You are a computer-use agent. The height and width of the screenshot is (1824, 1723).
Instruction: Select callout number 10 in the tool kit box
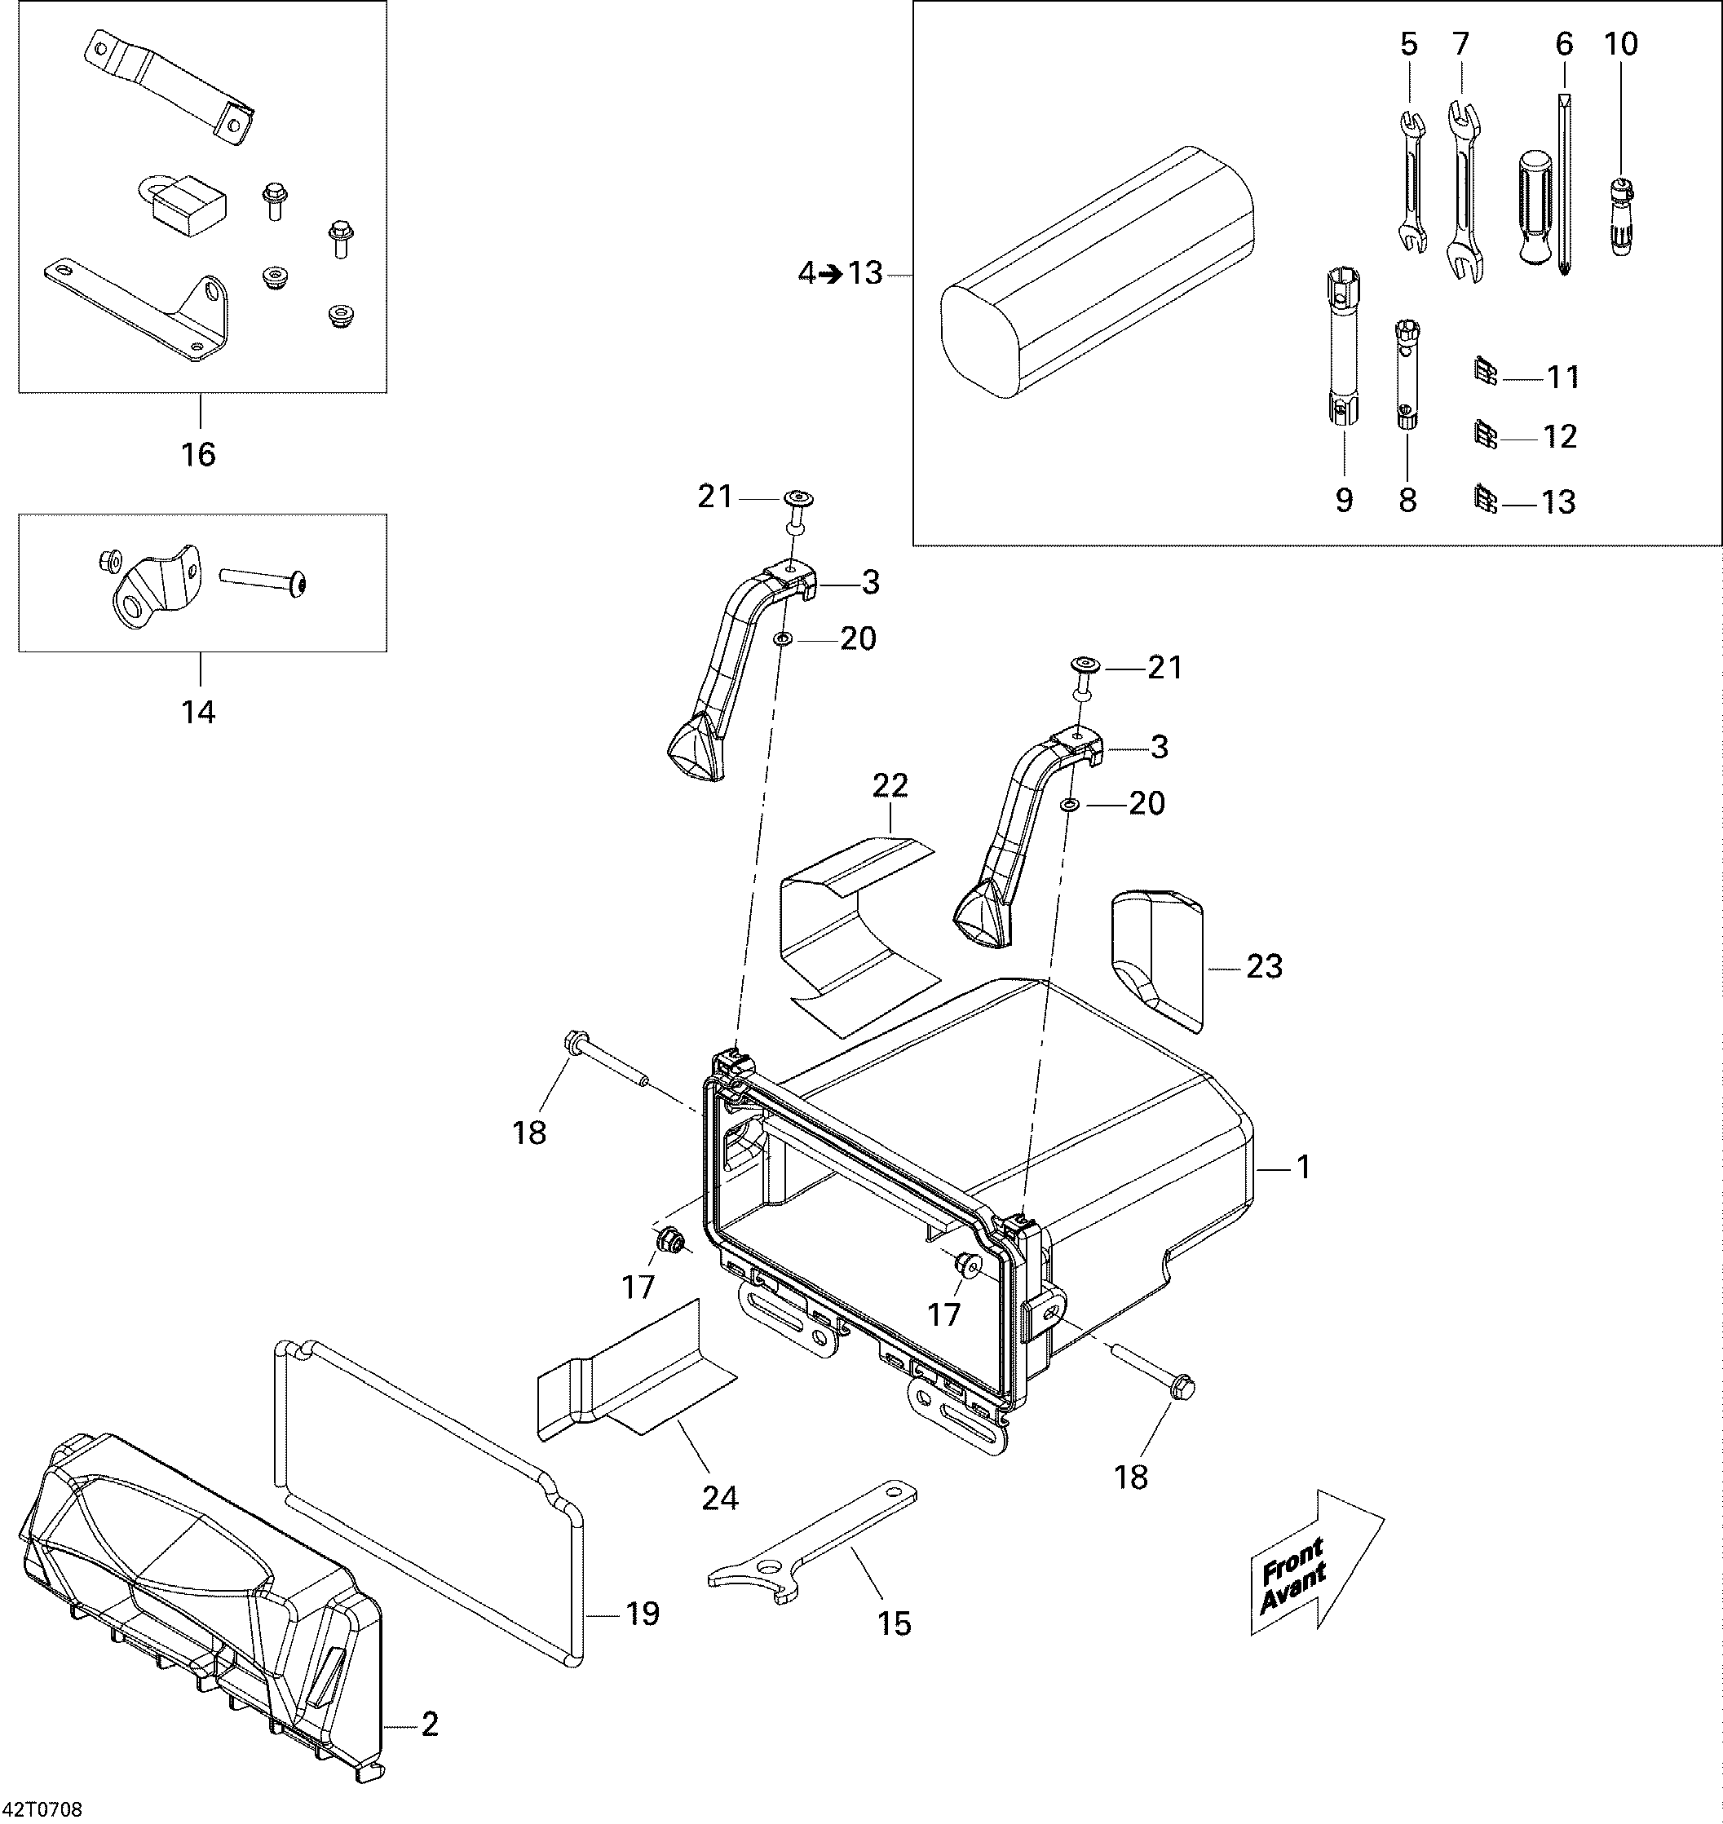1621,44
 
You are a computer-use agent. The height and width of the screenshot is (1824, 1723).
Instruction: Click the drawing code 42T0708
42,1809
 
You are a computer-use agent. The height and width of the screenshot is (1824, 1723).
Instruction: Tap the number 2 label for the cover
429,1724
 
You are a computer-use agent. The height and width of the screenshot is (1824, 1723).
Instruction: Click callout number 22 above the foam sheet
889,785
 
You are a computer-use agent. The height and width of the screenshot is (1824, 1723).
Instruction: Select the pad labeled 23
1158,960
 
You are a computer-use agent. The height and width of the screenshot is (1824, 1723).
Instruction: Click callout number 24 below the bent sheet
719,1498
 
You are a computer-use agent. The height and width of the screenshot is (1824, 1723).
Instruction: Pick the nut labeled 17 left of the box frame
669,1243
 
